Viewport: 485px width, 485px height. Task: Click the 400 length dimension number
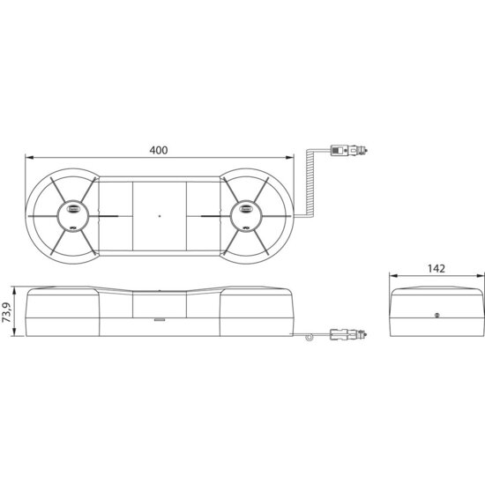coord(159,150)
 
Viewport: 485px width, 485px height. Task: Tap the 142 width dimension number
coord(436,268)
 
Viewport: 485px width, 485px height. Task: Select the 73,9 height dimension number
coord(7,312)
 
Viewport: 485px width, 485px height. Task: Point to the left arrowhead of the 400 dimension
coord(29,158)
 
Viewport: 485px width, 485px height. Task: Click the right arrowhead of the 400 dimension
coord(289,158)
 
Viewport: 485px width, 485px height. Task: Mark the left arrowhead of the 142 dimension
coord(393,276)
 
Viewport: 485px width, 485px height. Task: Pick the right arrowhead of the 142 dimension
coord(480,276)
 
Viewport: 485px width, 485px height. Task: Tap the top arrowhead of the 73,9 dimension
coord(13,291)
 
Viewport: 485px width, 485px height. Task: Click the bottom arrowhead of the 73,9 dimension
coord(13,332)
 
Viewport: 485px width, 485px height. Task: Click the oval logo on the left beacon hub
coord(73,209)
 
